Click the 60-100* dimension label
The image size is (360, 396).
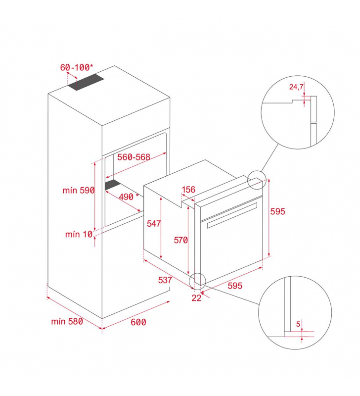[77, 67]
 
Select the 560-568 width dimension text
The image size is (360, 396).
[134, 157]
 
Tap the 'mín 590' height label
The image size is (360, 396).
[79, 190]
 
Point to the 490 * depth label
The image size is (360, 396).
[129, 197]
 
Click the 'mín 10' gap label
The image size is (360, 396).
[79, 234]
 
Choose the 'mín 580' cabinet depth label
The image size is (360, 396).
[67, 321]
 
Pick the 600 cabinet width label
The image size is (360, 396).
[138, 322]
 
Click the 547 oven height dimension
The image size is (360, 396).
[154, 223]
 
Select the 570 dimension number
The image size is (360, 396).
[180, 240]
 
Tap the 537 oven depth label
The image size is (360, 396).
[165, 280]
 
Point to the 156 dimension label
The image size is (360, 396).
[188, 190]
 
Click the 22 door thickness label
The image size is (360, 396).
[196, 298]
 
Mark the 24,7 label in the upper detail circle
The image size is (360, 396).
[296, 87]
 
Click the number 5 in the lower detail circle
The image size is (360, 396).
[298, 324]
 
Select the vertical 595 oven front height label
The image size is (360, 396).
[277, 211]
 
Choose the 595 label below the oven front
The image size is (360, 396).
[235, 286]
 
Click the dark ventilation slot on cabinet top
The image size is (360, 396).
[86, 82]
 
